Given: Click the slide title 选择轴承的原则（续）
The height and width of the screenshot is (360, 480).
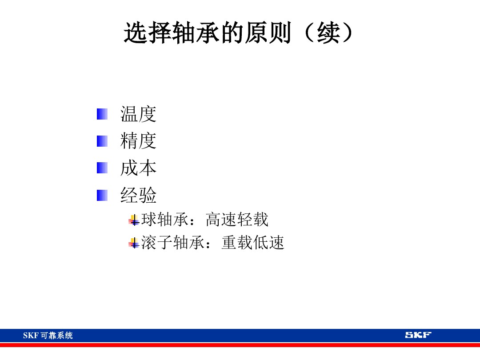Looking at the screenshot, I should coord(240,33).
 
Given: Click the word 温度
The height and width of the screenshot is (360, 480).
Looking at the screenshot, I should coord(138,114).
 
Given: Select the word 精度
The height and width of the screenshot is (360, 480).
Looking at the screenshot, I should coord(138,141).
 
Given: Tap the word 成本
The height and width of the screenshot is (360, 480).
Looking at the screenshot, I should coord(138,168).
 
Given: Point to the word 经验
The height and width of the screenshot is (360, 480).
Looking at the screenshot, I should coord(138,196).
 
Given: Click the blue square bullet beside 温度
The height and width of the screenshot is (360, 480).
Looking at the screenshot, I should coord(102,114).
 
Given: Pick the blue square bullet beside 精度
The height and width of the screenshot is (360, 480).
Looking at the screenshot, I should coord(102,141).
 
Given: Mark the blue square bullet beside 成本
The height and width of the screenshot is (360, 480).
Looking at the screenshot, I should coord(102,168).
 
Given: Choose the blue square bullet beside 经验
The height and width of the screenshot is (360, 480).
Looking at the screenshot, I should coord(102,195).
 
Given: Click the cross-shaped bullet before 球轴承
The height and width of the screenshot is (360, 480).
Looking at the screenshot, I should coord(134,220).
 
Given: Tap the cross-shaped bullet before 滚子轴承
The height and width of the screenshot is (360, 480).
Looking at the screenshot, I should coord(134,243).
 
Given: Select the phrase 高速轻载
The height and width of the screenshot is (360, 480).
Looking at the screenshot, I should coord(237,220).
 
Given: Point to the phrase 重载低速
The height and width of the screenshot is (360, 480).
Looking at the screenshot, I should coord(252,243).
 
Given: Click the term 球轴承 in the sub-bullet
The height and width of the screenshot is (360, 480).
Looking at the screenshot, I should coord(164,220).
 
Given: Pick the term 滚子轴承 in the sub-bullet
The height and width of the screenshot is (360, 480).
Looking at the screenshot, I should coord(172,243).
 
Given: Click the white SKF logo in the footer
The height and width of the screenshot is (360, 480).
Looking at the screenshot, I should coord(418,335).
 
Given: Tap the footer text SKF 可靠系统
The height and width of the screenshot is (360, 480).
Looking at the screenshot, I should coord(48,336).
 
